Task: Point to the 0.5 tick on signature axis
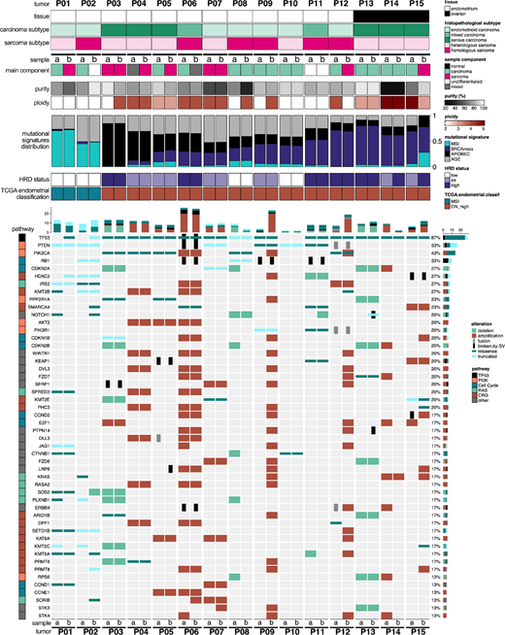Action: (x=434, y=140)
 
